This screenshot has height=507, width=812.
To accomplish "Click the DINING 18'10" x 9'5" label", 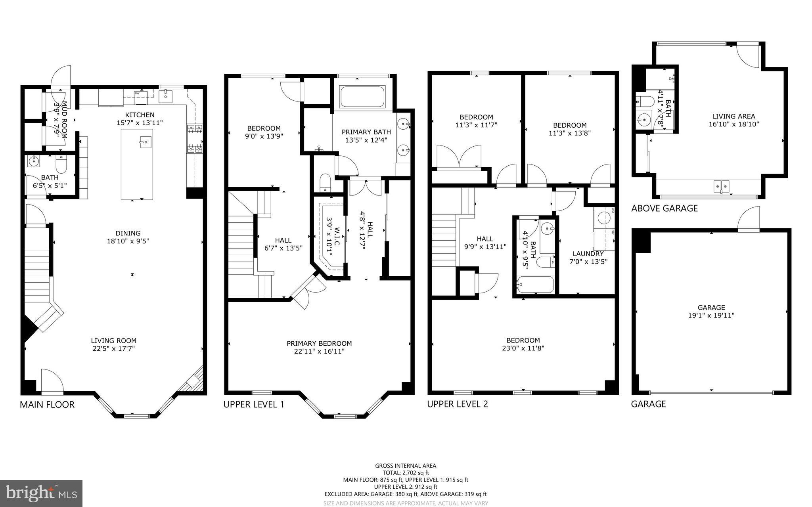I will click(128, 237).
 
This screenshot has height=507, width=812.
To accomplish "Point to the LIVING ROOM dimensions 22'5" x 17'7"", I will click(113, 348).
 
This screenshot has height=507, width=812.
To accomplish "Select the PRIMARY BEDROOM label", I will click(319, 343).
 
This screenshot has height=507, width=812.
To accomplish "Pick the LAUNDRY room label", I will click(588, 254).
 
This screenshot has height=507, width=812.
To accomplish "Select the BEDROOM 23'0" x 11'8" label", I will click(523, 344).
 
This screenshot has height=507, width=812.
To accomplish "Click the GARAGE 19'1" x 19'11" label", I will click(711, 311).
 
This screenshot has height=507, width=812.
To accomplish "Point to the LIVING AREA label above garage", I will click(733, 116).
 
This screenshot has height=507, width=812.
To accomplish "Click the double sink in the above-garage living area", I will click(721, 186).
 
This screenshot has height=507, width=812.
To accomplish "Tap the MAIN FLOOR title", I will click(47, 404).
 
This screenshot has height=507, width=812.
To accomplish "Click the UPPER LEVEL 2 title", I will click(457, 404).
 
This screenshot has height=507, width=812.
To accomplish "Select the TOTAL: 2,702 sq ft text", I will click(406, 473).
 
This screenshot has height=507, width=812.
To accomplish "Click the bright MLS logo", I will click(41, 494).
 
